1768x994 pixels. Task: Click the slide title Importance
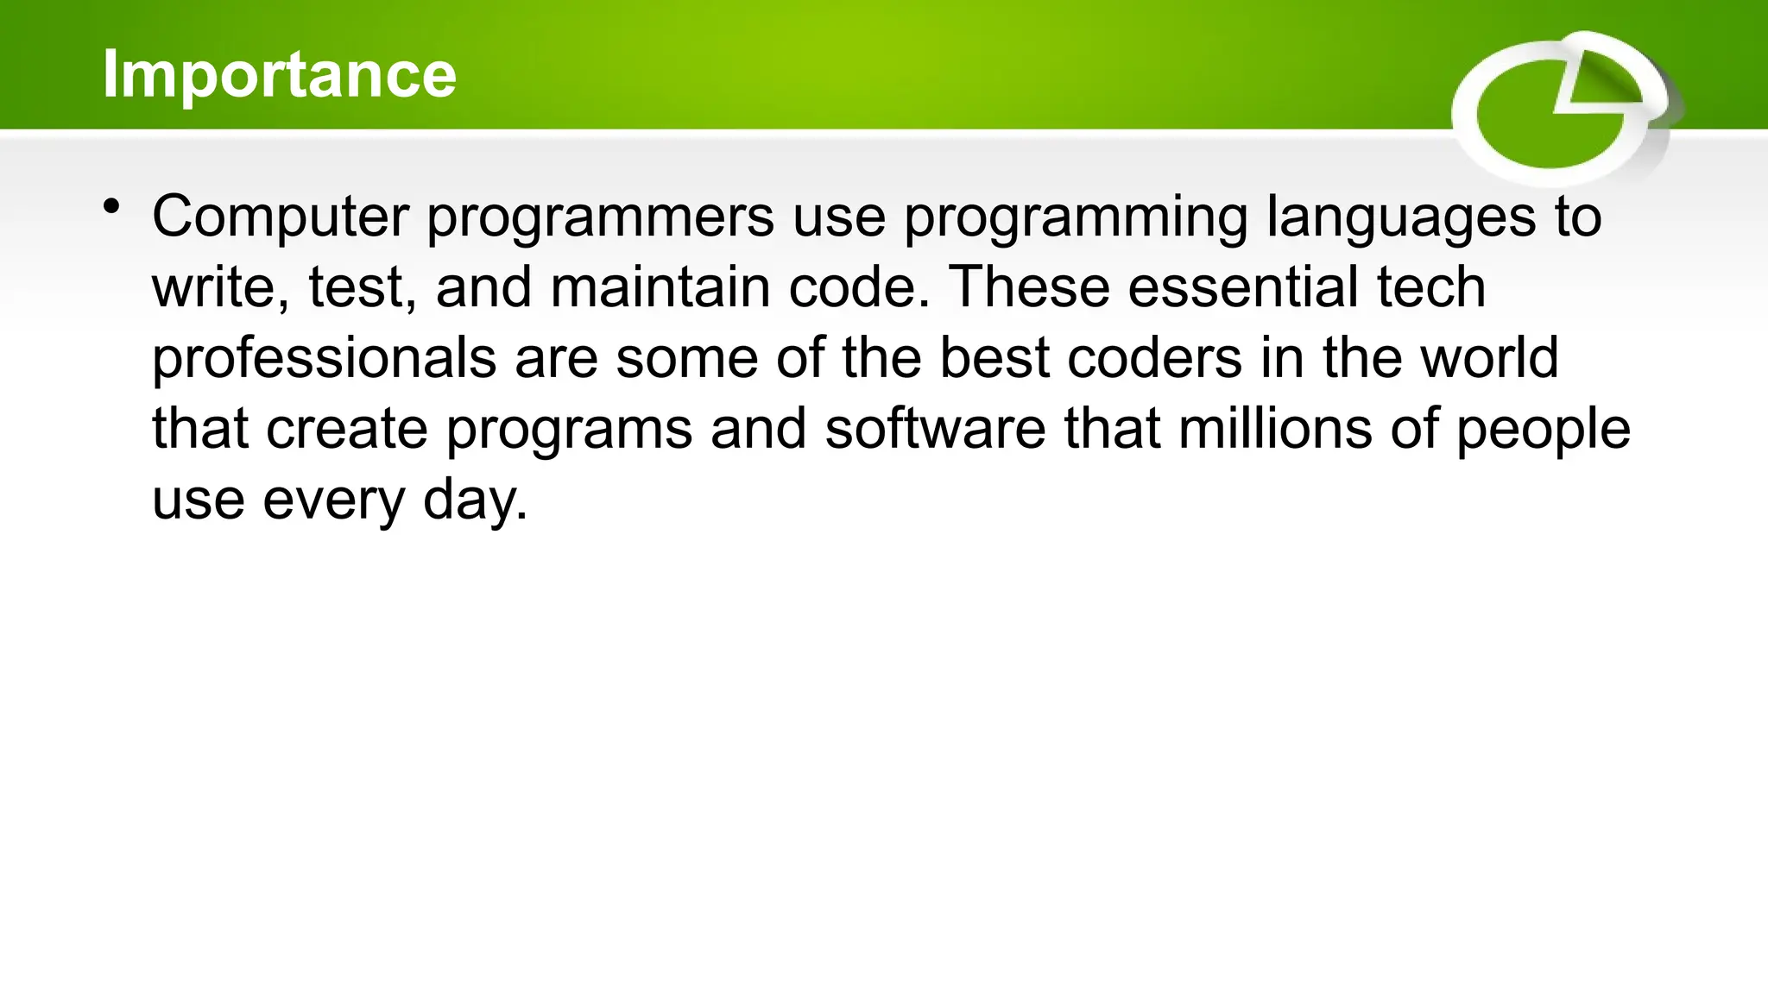click(x=279, y=74)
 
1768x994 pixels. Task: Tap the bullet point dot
click(x=110, y=207)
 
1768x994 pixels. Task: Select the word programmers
click(x=600, y=217)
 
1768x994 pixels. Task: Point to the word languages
click(x=1401, y=217)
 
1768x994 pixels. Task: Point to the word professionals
click(x=324, y=359)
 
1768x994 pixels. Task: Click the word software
click(x=935, y=429)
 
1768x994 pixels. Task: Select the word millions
click(x=1274, y=429)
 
